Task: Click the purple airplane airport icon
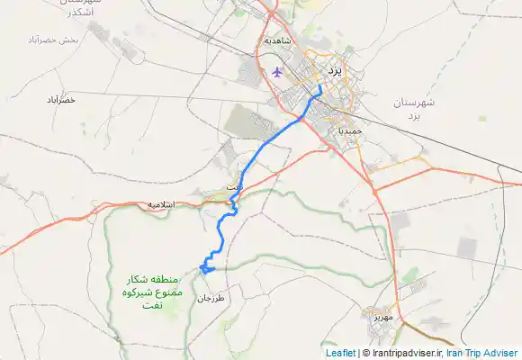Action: (x=276, y=72)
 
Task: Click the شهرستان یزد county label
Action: (x=414, y=110)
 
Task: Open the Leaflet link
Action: (x=339, y=354)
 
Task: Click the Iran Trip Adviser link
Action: (x=482, y=354)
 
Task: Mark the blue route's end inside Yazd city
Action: (x=320, y=85)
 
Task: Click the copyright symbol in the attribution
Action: (x=365, y=354)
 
